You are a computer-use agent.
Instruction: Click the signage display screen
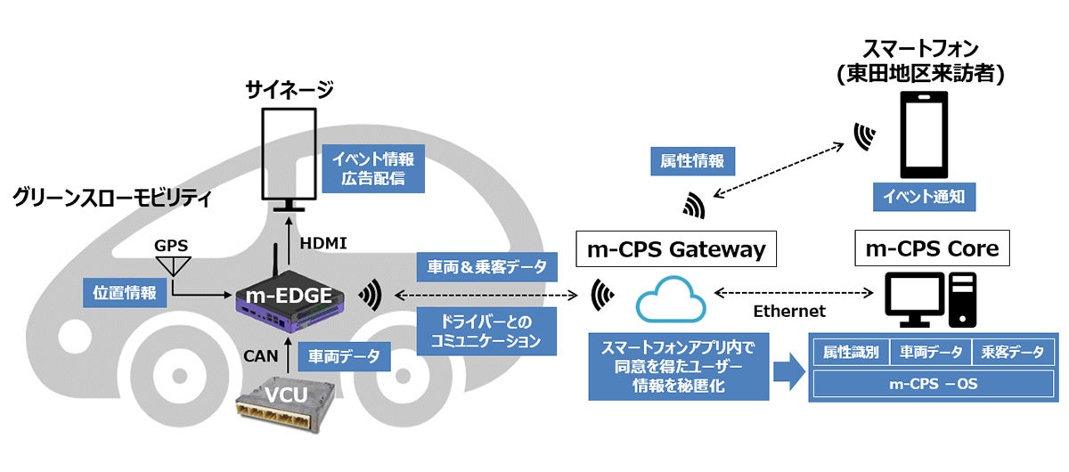click(x=287, y=153)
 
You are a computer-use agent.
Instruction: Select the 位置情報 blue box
click(x=124, y=293)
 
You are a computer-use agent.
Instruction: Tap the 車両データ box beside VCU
click(x=343, y=357)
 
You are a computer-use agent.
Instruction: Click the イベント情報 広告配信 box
click(x=374, y=169)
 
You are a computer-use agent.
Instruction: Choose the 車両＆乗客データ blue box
click(x=479, y=265)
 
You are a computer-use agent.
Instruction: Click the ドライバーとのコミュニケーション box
click(x=479, y=330)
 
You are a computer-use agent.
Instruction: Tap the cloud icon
click(x=671, y=300)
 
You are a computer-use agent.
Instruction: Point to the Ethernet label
click(x=789, y=311)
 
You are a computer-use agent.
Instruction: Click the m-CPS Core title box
click(x=932, y=249)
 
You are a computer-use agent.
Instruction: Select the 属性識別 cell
click(x=850, y=352)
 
